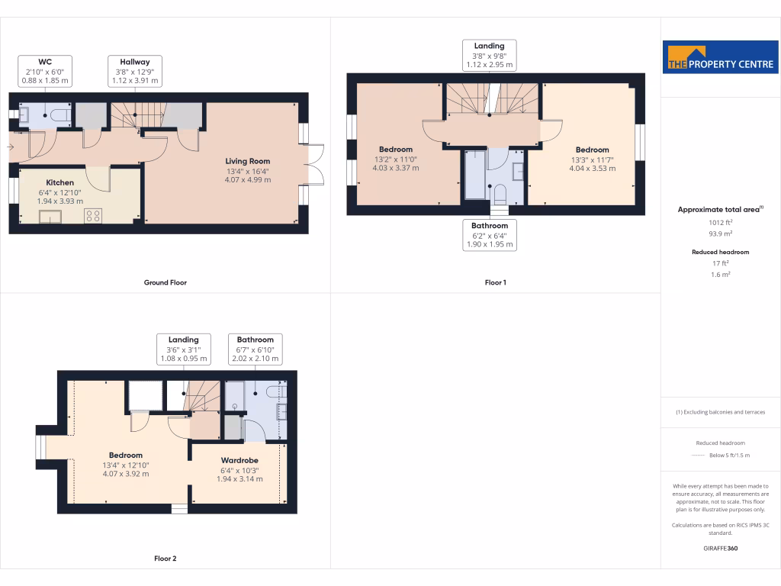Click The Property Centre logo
(x=721, y=57)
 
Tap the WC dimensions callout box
(x=44, y=70)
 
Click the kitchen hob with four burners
(x=94, y=216)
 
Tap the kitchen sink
(x=51, y=217)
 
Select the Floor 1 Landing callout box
(x=489, y=56)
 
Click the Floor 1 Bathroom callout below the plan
(x=489, y=235)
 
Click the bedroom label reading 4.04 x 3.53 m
(x=592, y=159)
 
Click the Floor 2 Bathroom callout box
(x=255, y=349)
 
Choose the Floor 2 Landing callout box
(x=183, y=349)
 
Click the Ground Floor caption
(x=166, y=282)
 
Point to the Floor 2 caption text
(x=166, y=559)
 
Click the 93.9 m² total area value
(x=720, y=235)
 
